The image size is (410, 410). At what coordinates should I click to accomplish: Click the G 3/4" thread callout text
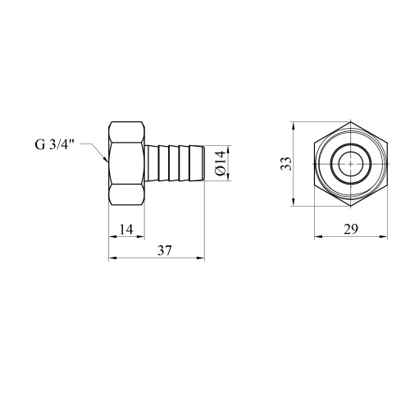(55, 144)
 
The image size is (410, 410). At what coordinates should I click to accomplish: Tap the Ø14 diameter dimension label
(221, 163)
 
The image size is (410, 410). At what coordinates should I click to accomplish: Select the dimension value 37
(165, 250)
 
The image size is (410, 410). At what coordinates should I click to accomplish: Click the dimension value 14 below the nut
(126, 230)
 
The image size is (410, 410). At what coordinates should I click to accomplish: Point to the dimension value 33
(286, 164)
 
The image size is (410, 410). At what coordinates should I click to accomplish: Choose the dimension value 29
(351, 230)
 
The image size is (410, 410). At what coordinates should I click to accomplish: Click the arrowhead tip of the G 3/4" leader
(107, 162)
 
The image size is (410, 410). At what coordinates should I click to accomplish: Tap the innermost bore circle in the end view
(351, 164)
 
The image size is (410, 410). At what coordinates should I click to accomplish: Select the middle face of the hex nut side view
(127, 163)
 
